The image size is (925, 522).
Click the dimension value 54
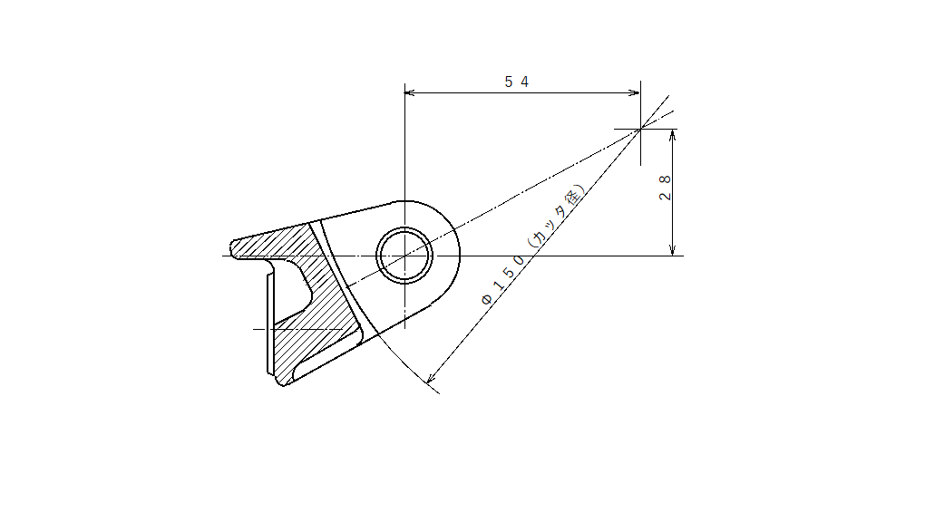coord(517,82)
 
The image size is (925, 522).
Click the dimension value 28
coord(665,188)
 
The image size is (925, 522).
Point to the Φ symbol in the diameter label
coord(487,299)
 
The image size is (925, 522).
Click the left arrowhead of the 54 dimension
coord(409,92)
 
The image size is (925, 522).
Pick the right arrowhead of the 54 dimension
coord(635,92)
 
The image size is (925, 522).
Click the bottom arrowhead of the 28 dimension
coord(673,250)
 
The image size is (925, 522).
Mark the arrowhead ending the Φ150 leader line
coord(431,378)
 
